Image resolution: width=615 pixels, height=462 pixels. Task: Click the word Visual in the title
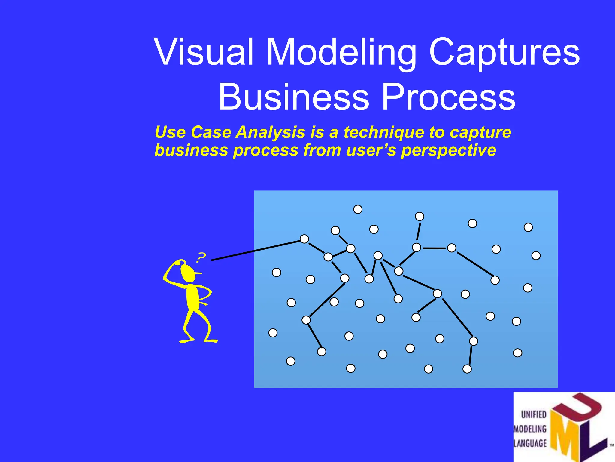pyautogui.click(x=204, y=52)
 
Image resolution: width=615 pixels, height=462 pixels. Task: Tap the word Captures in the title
pyautogui.click(x=504, y=52)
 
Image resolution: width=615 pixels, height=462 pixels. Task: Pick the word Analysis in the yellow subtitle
pyautogui.click(x=270, y=132)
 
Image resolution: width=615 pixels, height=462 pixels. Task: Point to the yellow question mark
pyautogui.click(x=201, y=257)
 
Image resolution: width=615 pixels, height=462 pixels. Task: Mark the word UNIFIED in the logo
pyautogui.click(x=534, y=414)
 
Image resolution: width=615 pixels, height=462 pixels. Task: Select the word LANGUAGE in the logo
pyautogui.click(x=530, y=443)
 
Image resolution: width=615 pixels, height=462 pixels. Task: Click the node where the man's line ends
pyautogui.click(x=304, y=239)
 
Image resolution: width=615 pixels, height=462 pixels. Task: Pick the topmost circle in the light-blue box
pyautogui.click(x=358, y=209)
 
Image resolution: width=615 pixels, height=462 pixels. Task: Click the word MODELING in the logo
pyautogui.click(x=530, y=429)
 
